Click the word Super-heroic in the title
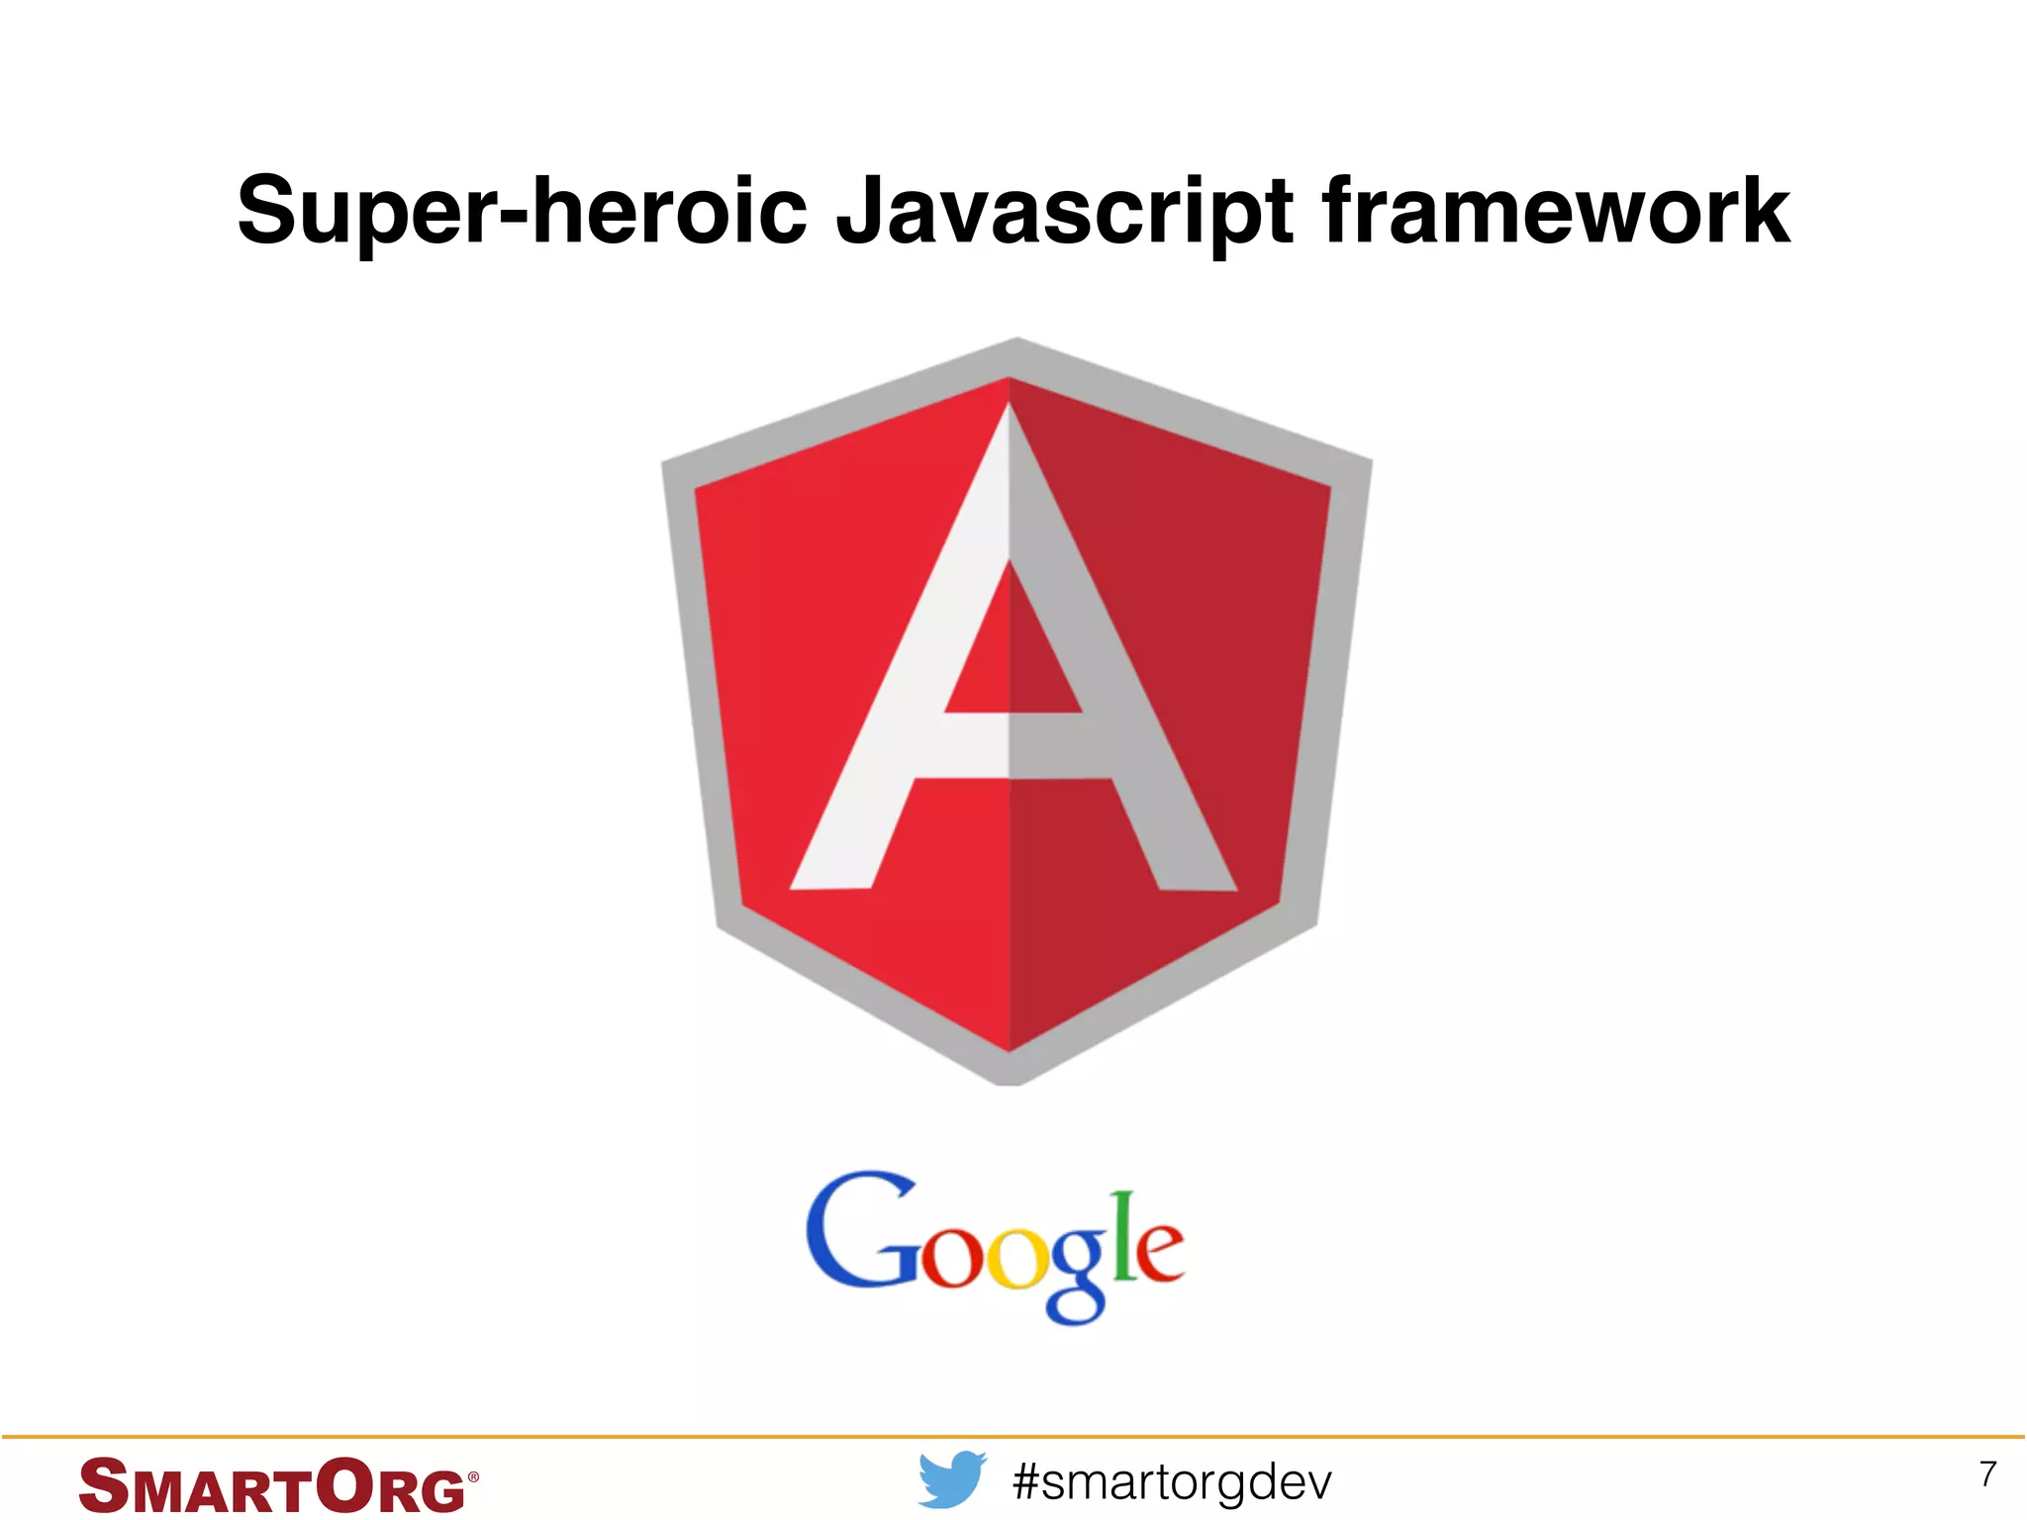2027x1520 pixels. (x=523, y=211)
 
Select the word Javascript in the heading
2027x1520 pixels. (x=1064, y=211)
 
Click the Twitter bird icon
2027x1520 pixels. (x=951, y=1479)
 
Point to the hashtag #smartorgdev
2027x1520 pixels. (x=1173, y=1481)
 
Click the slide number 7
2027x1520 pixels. (x=1987, y=1474)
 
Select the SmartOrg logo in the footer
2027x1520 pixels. (x=277, y=1485)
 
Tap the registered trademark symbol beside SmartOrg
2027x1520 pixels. (x=473, y=1476)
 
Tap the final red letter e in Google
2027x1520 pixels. (x=1155, y=1252)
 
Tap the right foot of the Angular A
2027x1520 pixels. (x=1195, y=875)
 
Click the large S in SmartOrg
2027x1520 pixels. (x=104, y=1485)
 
